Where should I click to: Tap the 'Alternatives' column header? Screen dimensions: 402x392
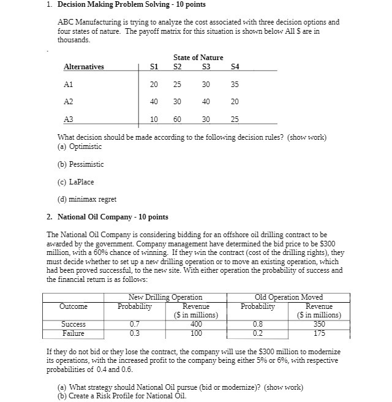click(x=84, y=67)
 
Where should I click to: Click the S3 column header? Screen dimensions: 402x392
click(x=205, y=67)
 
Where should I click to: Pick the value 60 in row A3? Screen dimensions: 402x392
click(x=177, y=119)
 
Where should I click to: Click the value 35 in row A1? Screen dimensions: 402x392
click(x=235, y=85)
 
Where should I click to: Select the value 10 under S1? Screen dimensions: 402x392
click(x=154, y=119)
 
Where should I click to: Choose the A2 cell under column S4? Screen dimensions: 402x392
click(x=235, y=102)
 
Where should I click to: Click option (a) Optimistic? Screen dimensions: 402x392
click(x=80, y=146)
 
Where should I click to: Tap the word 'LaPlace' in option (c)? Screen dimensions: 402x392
click(x=81, y=181)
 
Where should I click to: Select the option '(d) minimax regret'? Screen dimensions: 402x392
click(x=86, y=199)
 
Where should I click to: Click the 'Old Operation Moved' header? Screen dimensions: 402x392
click(x=289, y=297)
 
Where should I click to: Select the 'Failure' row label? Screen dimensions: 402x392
click(x=73, y=333)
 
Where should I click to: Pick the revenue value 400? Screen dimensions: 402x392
click(x=196, y=324)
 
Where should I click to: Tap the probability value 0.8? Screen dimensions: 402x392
click(x=257, y=324)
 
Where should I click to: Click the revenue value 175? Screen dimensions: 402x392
click(x=318, y=333)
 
